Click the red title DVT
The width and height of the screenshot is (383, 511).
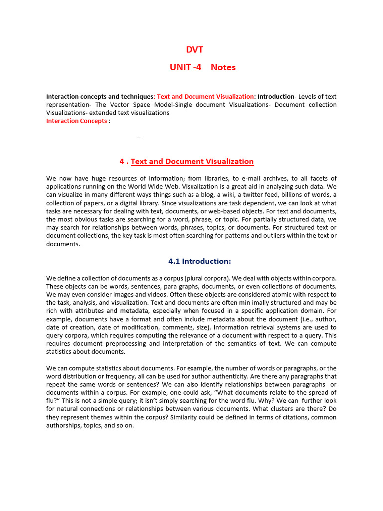194,50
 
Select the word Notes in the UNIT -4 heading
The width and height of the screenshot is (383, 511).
223,67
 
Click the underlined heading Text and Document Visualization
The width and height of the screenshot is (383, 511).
192,161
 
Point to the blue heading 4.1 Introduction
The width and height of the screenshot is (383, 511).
199,261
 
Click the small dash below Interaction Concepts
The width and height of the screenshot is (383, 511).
138,136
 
